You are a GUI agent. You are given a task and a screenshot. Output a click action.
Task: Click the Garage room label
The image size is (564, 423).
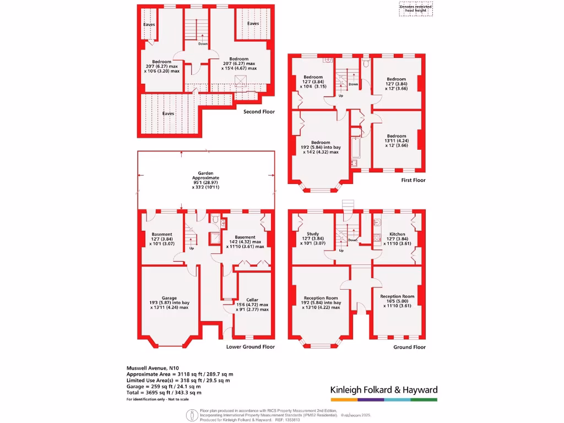[x=169, y=298]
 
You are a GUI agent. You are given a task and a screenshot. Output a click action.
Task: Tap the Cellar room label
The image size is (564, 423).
[x=253, y=300]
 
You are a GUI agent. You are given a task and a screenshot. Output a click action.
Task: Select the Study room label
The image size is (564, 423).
[x=312, y=234]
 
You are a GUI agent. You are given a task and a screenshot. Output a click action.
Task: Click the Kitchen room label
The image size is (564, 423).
[x=397, y=234]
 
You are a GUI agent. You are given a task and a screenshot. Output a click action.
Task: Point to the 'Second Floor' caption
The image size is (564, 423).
[x=259, y=112]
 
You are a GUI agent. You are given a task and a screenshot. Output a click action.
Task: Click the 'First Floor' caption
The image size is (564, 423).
[x=413, y=180]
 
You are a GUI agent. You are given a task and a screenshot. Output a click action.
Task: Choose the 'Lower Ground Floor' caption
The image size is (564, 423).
[x=251, y=347]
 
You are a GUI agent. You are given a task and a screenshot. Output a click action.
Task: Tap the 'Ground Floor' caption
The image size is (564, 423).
[x=409, y=348]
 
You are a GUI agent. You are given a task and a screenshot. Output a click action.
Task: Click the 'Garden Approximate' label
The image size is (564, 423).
[x=205, y=175]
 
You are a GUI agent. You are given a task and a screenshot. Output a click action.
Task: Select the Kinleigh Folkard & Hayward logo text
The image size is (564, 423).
[x=383, y=390]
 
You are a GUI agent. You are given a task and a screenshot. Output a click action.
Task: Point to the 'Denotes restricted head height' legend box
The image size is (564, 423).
[x=416, y=8]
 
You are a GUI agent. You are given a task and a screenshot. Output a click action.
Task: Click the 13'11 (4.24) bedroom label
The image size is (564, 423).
[x=396, y=136]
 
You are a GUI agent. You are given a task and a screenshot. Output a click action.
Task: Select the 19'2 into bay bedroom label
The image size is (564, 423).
[x=321, y=143]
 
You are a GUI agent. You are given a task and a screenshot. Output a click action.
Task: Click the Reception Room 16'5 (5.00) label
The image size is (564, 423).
[x=397, y=296]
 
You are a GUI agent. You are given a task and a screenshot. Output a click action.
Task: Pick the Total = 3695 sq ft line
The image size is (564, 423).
[x=164, y=393]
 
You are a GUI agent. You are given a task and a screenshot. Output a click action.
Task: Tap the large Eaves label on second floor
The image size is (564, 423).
[x=168, y=113]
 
